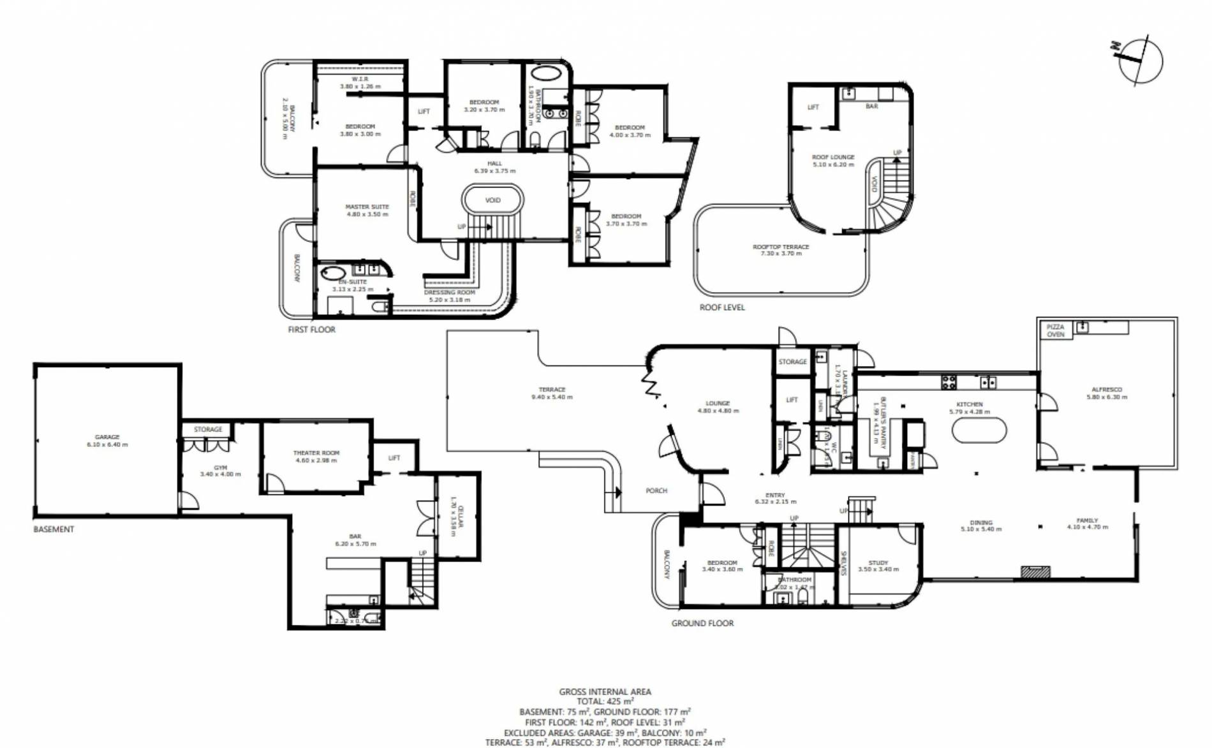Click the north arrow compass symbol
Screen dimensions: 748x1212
pos(1140,61)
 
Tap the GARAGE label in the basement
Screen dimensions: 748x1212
pos(107,437)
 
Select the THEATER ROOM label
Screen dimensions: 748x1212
pos(316,453)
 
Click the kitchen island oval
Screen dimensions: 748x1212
pos(979,430)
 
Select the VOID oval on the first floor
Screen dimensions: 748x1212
pos(492,200)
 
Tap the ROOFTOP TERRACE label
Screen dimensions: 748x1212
pos(781,247)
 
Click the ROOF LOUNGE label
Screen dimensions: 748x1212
pos(833,157)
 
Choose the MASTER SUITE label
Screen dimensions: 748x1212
pos(367,207)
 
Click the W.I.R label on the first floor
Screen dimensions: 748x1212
pos(360,79)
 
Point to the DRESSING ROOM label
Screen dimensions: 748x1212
pos(450,293)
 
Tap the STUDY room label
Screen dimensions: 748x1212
pos(878,562)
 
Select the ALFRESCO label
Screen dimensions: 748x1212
pos(1107,389)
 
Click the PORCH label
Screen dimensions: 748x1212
pos(656,490)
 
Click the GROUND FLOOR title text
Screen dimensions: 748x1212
pos(702,623)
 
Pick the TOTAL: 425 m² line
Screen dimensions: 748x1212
pos(605,701)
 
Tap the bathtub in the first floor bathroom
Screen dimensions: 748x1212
pos(543,73)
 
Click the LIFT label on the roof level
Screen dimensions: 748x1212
pos(813,107)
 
